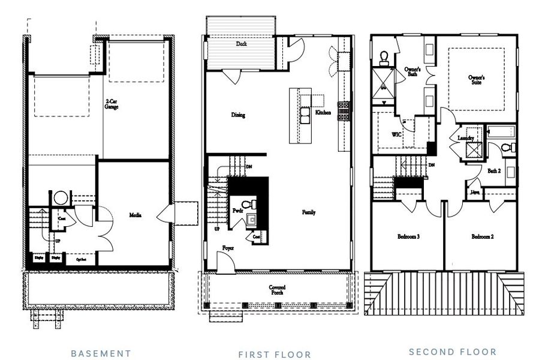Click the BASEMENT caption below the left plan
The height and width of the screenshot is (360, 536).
[x=101, y=353]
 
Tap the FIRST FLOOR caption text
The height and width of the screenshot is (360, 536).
[x=275, y=355]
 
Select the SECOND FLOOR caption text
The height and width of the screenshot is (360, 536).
[x=453, y=352]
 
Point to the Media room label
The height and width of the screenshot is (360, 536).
[x=135, y=215]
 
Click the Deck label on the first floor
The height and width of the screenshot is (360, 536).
[x=242, y=44]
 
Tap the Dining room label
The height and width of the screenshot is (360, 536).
[x=238, y=115]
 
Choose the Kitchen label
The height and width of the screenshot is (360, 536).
[x=323, y=113]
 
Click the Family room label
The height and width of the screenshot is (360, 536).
[x=309, y=212]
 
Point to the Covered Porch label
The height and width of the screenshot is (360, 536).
[x=276, y=290]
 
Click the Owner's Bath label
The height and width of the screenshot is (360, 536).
[x=412, y=72]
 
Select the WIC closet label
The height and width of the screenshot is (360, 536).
[x=396, y=134]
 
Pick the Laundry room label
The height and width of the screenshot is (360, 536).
[x=466, y=138]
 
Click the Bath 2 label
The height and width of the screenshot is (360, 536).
[x=494, y=171]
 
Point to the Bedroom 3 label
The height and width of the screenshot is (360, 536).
[x=408, y=236]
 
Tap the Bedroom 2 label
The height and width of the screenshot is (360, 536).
[x=482, y=236]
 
